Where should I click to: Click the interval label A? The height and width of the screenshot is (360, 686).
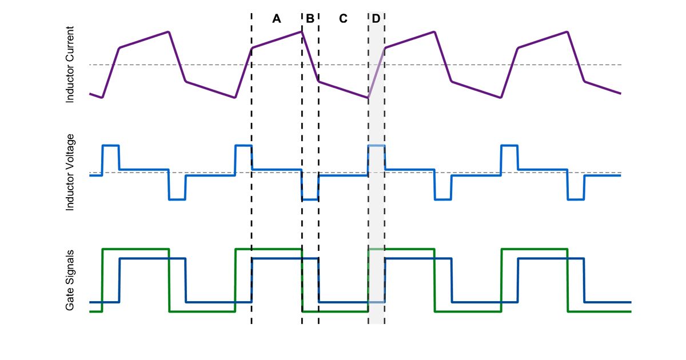point(277,19)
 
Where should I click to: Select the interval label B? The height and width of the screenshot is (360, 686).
point(310,19)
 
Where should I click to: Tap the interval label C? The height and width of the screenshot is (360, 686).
point(343,19)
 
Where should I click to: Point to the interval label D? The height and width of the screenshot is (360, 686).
point(376,19)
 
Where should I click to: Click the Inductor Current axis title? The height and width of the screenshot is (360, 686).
point(70,65)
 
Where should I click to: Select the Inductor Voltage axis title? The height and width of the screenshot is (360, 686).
point(70,172)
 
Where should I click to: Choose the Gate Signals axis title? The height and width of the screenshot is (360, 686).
point(70,280)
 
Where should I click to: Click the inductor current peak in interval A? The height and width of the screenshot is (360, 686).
point(301,31)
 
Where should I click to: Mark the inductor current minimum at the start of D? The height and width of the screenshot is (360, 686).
point(368,97)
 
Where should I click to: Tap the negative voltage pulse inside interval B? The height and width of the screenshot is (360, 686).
point(310,199)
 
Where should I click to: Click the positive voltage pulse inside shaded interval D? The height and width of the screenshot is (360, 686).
point(376,146)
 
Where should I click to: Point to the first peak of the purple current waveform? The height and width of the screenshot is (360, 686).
point(169,31)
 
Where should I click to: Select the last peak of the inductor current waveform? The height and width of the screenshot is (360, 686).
point(567,31)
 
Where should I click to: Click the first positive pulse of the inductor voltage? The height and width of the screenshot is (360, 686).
point(110,146)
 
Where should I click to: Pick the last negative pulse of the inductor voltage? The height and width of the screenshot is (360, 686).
point(575,199)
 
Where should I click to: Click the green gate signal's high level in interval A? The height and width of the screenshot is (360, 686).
point(277,249)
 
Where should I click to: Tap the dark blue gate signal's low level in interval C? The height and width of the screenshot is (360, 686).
point(343,302)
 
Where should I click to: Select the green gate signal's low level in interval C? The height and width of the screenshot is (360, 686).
point(343,311)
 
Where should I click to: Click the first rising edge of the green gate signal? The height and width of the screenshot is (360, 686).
point(102,280)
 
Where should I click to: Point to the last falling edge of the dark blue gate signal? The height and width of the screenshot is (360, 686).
point(584,280)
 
